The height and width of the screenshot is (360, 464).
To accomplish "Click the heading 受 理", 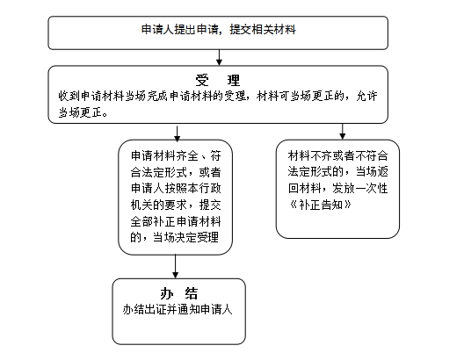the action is (218, 80).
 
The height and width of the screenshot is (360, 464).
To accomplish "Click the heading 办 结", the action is (178, 293).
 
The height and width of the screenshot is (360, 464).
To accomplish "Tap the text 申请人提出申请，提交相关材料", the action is (219, 30).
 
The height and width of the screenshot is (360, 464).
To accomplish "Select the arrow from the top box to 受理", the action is (219, 57).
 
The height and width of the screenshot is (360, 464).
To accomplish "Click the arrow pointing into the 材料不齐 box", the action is (343, 131).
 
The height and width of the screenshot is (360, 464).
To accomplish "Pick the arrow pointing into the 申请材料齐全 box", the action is (177, 133).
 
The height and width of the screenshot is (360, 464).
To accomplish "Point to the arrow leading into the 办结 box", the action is (175, 266).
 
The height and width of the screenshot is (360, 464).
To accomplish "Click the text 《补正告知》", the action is (320, 205).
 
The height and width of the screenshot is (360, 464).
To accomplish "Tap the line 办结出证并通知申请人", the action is (178, 309).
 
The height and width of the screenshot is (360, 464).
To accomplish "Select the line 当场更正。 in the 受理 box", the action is (83, 112).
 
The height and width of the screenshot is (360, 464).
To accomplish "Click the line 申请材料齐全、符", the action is (176, 155).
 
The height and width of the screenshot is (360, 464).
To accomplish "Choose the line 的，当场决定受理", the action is (175, 237).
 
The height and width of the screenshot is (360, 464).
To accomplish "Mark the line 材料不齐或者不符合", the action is (337, 155).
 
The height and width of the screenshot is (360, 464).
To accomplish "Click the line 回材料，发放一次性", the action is (337, 188).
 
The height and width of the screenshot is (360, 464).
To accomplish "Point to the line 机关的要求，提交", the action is (176, 205).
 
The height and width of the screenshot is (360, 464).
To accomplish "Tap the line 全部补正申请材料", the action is (176, 221).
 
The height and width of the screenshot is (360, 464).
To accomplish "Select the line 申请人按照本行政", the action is (176, 188).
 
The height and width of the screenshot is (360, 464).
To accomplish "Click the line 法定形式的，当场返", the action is (337, 172).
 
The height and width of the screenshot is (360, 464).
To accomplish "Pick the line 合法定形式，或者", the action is (176, 172).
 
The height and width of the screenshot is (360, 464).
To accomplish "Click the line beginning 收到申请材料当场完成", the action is (218, 96).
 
